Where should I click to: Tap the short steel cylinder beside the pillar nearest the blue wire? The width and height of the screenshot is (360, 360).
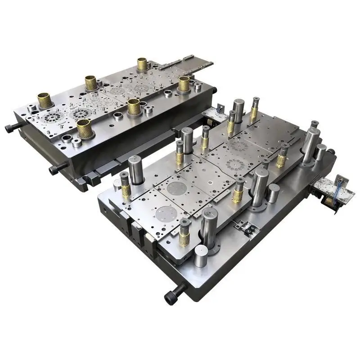pos(320,152)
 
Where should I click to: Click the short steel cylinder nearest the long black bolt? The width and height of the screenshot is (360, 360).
pos(202,256)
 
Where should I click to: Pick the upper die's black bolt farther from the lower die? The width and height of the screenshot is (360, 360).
pos(11,128)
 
